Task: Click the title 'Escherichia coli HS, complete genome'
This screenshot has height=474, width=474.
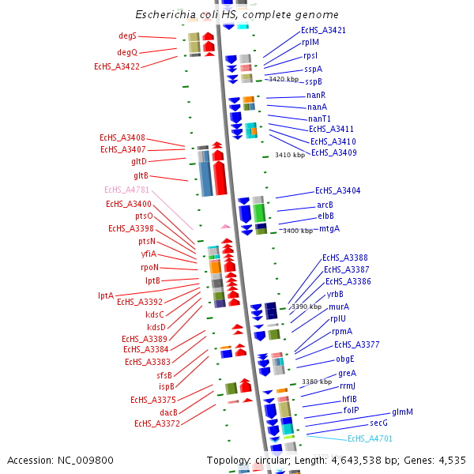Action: tap(237, 15)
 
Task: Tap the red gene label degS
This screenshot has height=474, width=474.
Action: tap(127, 36)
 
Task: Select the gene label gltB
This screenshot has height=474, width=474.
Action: tap(141, 175)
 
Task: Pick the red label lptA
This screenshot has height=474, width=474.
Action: tap(106, 295)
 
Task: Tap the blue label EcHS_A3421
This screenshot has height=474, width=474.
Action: tap(323, 30)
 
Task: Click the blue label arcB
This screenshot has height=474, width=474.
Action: tap(325, 205)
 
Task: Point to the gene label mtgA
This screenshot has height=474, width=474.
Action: tap(329, 228)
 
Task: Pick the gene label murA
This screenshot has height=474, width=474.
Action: tap(340, 307)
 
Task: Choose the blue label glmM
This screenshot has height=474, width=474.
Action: tap(402, 412)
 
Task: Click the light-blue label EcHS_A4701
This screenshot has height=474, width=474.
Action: tap(370, 438)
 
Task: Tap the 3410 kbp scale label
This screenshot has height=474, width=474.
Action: tap(289, 156)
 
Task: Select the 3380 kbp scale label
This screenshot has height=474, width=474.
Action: tap(316, 382)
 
